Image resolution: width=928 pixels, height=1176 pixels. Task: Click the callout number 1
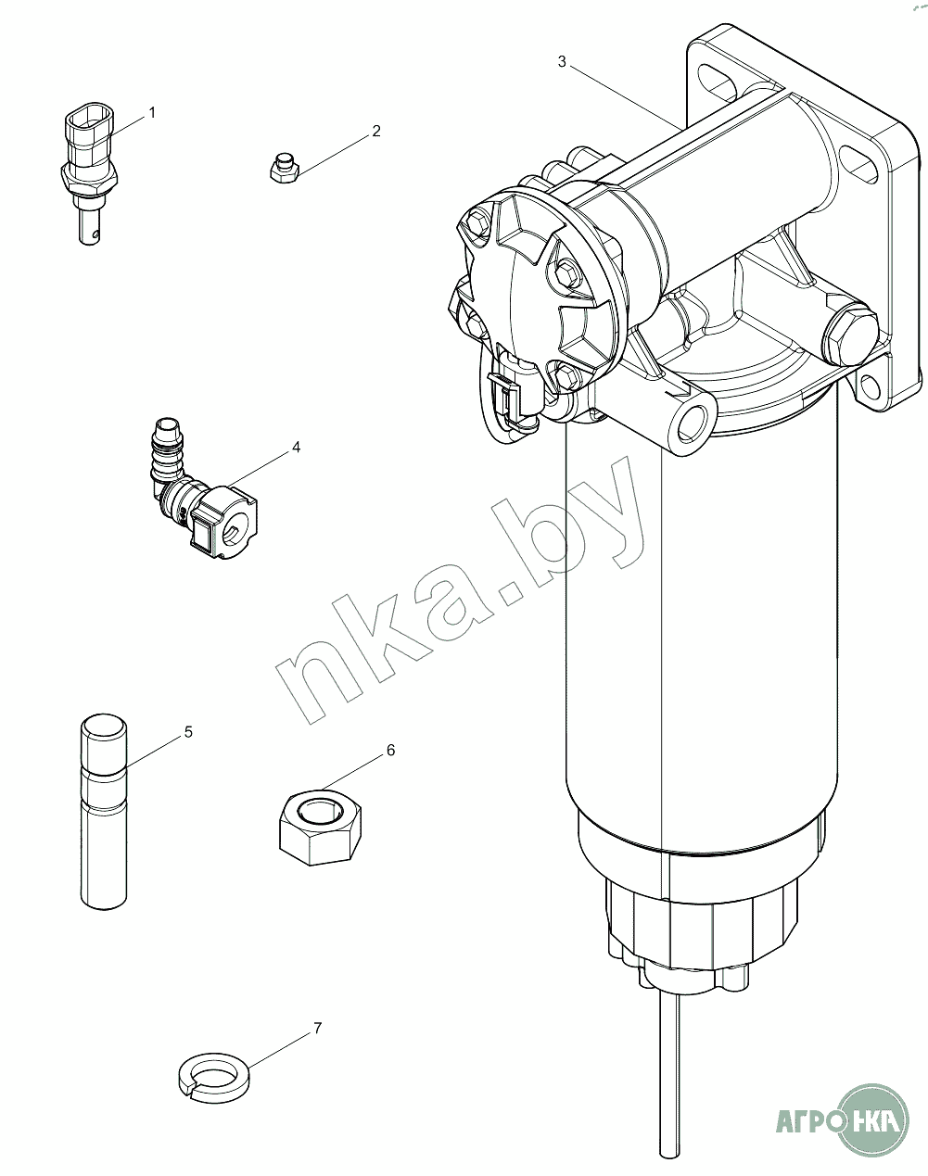click(152, 112)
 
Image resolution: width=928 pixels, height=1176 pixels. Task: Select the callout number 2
click(375, 132)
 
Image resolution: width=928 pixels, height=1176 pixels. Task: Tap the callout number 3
click(562, 62)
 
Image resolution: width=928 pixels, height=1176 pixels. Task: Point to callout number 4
click(297, 447)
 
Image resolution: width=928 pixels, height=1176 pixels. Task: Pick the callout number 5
click(189, 732)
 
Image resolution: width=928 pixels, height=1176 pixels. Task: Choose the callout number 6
click(391, 751)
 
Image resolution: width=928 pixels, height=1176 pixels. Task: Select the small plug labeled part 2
click(285, 169)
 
